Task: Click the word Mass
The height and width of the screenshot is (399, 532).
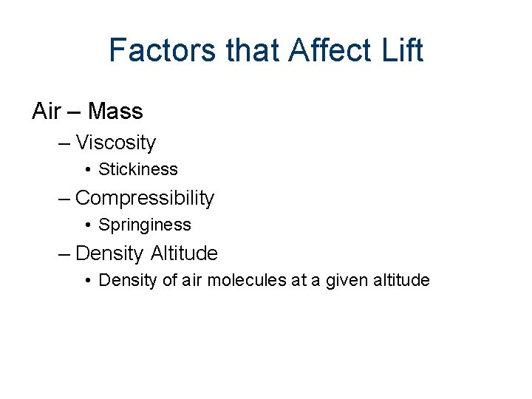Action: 115,112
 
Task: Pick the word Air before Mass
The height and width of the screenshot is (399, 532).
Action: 46,112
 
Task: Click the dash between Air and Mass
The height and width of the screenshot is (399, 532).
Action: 74,112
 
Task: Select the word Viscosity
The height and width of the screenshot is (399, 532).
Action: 116,143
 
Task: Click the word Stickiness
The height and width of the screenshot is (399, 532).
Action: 138,169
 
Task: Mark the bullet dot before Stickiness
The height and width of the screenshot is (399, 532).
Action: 87,170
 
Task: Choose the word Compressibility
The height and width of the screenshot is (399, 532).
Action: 145,198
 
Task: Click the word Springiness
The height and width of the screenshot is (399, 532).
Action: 145,225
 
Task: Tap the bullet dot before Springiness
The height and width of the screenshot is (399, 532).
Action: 87,225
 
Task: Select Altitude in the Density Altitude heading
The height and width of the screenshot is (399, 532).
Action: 185,253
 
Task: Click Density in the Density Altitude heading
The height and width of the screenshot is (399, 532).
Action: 109,253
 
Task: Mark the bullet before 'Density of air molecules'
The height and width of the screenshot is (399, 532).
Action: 87,281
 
